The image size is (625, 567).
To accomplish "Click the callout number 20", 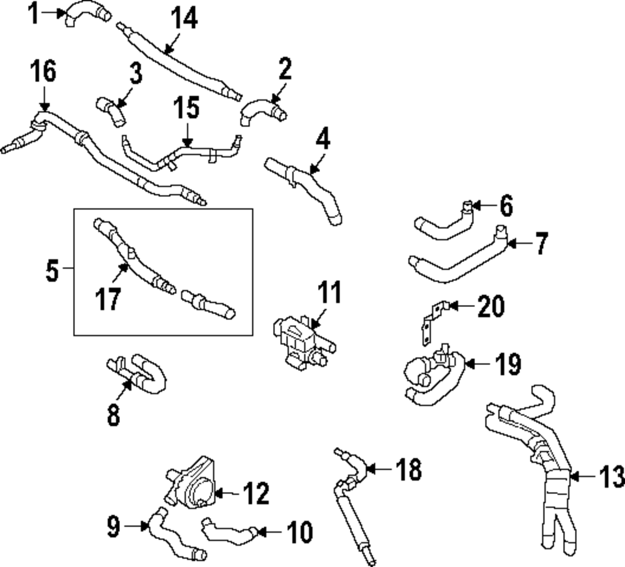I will pyautogui.click(x=490, y=306).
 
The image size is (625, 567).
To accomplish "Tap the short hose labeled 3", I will pyautogui.click(x=111, y=110).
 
